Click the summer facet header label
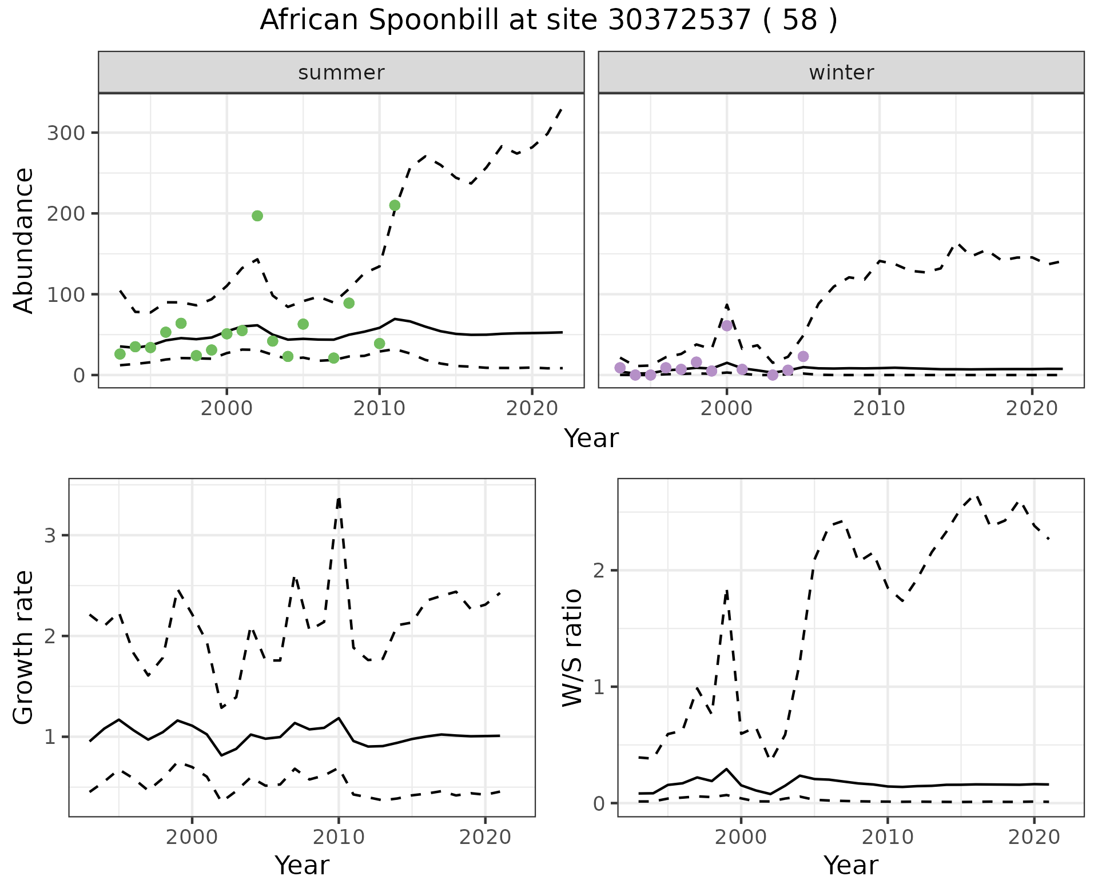(341, 73)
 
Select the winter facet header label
(841, 73)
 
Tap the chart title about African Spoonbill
(548, 20)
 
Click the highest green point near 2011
(395, 205)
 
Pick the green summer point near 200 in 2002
(257, 216)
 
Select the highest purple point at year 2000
(727, 326)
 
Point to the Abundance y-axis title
(24, 240)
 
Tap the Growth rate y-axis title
(24, 647)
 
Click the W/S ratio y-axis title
(572, 647)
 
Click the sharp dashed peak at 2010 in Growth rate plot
(339, 499)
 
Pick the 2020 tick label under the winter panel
(1032, 409)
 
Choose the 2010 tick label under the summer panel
(379, 409)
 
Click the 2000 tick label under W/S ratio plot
(741, 838)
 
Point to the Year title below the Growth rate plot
(302, 865)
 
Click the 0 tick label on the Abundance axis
(78, 376)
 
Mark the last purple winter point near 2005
(803, 357)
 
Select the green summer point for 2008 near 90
(349, 303)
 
